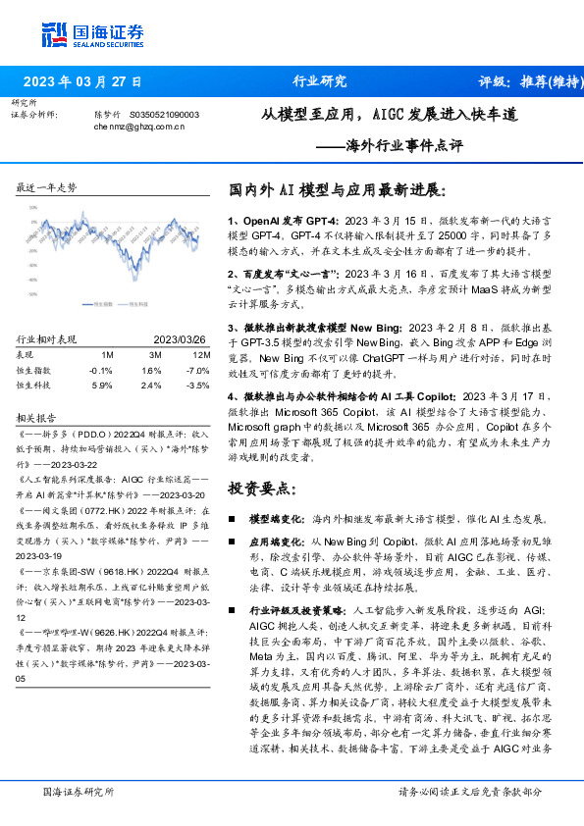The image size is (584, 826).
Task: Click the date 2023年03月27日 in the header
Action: (82, 81)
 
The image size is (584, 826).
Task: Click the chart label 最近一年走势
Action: (46, 187)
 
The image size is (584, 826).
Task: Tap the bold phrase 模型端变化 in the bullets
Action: (278, 517)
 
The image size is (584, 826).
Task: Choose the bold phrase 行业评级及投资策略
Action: (292, 608)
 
